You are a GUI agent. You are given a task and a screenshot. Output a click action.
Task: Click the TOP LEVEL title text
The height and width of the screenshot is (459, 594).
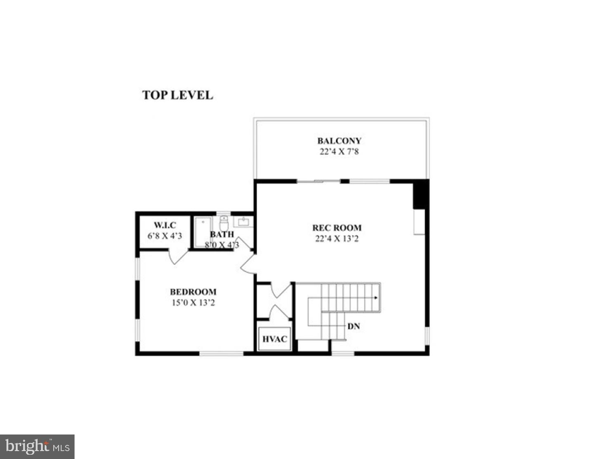point(177,95)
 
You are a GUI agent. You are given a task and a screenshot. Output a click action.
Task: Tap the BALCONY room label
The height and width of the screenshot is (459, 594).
point(339,141)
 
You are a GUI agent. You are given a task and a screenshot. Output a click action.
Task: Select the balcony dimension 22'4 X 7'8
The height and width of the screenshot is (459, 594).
point(339,151)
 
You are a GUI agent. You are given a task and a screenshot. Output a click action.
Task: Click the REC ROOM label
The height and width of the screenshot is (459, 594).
point(337,228)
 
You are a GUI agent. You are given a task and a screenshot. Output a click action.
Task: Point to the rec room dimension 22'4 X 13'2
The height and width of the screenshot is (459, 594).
point(337,238)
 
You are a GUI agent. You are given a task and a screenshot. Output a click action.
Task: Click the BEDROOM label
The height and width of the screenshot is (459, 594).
point(193,292)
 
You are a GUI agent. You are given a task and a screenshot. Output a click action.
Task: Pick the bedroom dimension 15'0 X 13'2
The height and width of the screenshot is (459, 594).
point(193,303)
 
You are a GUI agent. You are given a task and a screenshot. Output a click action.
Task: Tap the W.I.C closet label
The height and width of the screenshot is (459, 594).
point(165,225)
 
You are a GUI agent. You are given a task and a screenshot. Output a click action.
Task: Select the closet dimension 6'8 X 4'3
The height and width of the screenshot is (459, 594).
point(165,236)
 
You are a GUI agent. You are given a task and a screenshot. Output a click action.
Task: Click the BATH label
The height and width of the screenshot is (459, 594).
point(222,234)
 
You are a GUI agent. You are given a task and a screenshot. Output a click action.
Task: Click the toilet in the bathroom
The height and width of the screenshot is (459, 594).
point(224,224)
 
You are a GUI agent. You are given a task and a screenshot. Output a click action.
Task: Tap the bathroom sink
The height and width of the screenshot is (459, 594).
point(243,222)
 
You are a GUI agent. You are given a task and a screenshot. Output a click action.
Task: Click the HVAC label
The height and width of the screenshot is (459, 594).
point(274,339)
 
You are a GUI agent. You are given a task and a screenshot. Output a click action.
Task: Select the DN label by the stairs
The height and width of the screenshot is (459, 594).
point(354,326)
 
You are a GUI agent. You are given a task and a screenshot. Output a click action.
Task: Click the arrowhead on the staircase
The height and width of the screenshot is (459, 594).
point(375,297)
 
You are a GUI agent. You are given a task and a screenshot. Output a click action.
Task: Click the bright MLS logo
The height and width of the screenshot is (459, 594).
point(37,447)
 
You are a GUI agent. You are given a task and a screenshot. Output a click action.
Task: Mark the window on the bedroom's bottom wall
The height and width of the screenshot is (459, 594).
point(222,353)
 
